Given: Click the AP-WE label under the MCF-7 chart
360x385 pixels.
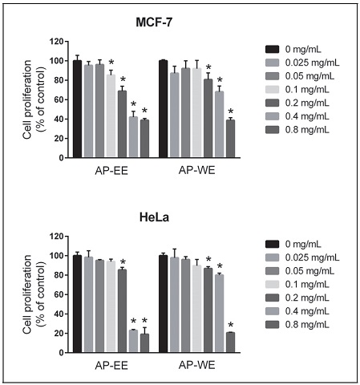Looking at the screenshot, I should tap(196, 170).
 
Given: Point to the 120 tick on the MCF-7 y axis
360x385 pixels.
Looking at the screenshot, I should tap(55, 42).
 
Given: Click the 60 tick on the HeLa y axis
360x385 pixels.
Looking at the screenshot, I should tap(58, 294).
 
